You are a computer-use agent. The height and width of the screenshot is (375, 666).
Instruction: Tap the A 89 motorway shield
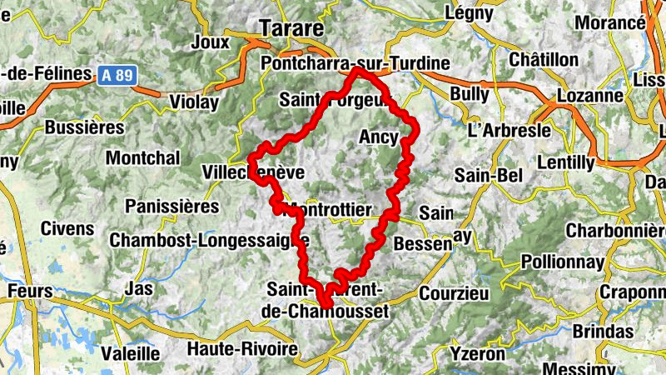point(117,75)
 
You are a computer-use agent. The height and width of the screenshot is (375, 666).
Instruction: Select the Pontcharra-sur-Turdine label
point(355,63)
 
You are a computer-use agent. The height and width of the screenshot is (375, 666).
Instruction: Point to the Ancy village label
point(378,137)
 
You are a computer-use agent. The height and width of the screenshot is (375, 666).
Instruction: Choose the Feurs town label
point(29,292)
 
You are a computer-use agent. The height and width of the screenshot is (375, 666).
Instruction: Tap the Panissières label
point(171,206)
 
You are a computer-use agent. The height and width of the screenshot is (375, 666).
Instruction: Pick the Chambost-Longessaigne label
point(209,240)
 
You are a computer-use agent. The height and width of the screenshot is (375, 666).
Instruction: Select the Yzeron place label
point(477,353)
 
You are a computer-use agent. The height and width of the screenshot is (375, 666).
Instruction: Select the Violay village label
point(195,102)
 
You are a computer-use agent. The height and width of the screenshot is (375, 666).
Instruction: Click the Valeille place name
point(130,352)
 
